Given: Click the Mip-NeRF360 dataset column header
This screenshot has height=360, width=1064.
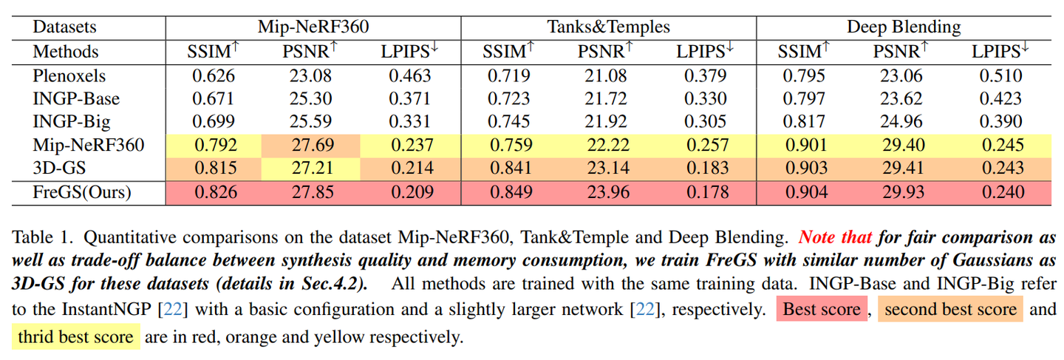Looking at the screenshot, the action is [313, 27].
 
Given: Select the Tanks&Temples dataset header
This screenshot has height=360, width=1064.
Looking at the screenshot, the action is [609, 27].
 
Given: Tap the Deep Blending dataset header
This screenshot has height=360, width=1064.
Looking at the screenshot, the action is [904, 27].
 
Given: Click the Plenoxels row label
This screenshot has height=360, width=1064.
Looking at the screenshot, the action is [69, 76].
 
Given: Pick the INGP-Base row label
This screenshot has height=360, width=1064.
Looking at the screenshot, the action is [76, 99].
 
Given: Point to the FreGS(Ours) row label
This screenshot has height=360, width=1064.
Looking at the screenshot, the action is [82, 192].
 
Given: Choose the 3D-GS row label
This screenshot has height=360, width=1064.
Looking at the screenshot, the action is [59, 168].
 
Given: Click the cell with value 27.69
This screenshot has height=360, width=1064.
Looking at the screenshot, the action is [310, 146].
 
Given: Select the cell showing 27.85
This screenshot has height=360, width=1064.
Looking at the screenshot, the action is [313, 193].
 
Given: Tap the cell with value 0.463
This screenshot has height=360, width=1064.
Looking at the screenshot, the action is [410, 76].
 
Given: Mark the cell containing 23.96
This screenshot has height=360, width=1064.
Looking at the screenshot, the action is [609, 193].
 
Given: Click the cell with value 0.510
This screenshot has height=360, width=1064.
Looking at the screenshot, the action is [1000, 76].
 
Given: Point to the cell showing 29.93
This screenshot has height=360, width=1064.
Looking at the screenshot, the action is [904, 193].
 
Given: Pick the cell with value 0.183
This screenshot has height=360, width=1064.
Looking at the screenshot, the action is [707, 169].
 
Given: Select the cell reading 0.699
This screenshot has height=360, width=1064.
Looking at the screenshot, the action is [214, 121].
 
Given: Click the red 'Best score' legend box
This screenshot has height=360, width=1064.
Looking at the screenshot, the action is [822, 309].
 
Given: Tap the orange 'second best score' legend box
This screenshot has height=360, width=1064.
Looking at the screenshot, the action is [950, 309].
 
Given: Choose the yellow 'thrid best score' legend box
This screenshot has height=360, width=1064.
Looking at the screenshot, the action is [76, 337].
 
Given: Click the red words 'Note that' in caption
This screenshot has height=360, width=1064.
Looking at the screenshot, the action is [835, 237].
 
